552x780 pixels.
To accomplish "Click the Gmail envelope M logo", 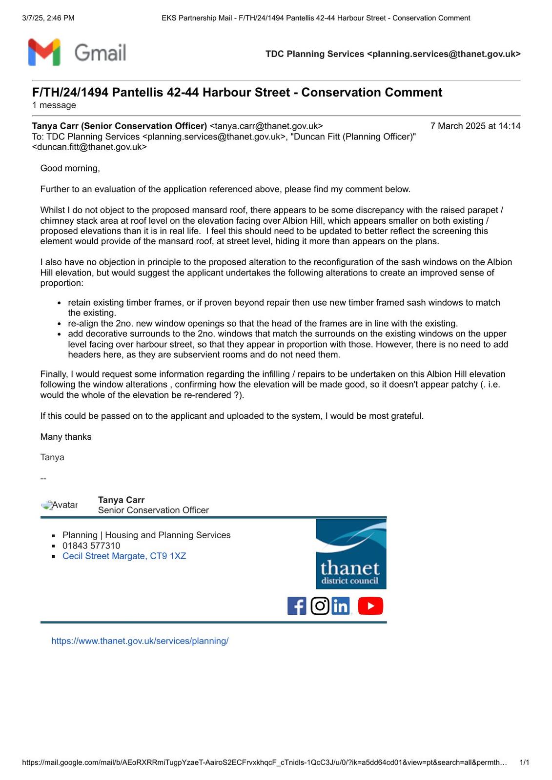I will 44,52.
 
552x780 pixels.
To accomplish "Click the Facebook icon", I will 297,606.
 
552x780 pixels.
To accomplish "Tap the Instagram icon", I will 320,606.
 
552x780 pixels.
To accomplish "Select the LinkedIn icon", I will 341,606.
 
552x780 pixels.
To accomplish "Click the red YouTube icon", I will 370,606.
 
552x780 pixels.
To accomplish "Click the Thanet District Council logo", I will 351,554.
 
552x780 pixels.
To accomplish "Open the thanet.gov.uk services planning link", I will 140,641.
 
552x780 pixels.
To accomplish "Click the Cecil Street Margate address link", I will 124,556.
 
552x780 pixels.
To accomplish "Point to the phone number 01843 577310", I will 91,546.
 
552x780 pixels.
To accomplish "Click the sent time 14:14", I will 510,126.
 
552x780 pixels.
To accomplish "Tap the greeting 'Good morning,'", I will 70,168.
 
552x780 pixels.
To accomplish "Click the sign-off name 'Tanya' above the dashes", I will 52,457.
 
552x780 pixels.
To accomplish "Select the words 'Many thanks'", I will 66,437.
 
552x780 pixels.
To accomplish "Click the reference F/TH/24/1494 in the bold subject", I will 70,93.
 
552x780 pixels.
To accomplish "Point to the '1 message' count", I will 54,105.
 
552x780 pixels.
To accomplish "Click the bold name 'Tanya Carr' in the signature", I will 121,500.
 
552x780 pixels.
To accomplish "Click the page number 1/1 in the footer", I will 525,762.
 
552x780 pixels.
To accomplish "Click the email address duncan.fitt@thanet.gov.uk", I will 92,147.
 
